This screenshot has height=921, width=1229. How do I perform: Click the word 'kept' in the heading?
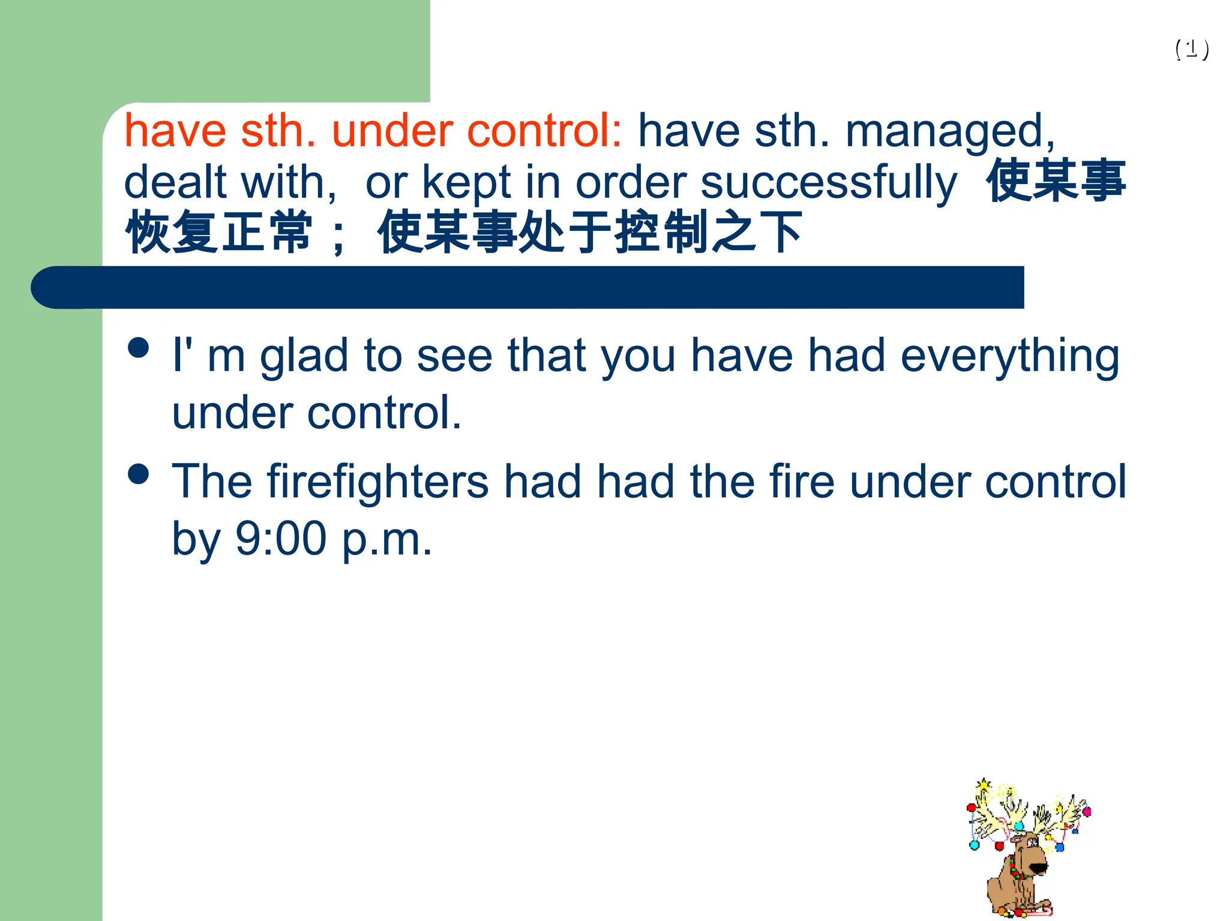coord(466,182)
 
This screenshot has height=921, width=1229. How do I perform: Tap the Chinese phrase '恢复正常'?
coord(219,232)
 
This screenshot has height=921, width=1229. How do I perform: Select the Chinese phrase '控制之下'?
coord(708,232)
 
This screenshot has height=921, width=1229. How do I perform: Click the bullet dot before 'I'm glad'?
coord(139,347)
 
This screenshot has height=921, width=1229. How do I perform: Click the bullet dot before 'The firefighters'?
coord(139,474)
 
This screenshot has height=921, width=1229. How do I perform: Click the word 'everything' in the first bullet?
coord(1009,356)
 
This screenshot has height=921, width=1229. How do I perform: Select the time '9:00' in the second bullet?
coord(280,538)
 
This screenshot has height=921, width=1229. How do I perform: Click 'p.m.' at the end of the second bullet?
coord(387,540)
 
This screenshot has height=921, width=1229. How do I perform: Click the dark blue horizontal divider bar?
coord(528,288)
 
